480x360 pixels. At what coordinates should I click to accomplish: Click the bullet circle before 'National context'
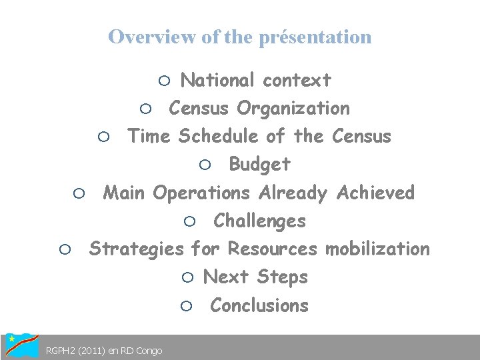(165, 81)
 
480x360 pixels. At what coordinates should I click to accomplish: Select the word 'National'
(219, 81)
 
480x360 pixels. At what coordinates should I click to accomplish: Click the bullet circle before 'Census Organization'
(147, 109)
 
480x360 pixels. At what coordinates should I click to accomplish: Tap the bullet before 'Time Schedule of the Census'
(104, 137)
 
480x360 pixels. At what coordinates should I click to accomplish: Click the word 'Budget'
(260, 164)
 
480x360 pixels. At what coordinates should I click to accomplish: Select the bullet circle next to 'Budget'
(205, 165)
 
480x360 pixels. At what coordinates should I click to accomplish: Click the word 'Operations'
(202, 193)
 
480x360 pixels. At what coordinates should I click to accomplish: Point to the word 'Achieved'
(376, 193)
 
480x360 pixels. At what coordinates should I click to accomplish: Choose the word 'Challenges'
(260, 221)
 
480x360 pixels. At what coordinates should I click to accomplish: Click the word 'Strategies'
(137, 249)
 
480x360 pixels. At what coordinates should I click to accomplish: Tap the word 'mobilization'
(377, 249)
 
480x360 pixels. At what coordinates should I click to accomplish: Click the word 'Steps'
(283, 277)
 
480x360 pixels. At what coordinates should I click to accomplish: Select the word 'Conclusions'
(259, 305)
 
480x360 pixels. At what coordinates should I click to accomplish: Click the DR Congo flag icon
(21, 345)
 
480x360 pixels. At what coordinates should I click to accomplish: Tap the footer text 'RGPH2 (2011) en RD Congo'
(103, 351)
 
